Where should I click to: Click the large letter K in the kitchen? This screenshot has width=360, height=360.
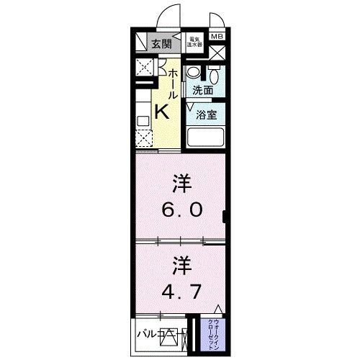point(162,111)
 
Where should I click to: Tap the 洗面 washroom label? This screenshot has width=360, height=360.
point(202,91)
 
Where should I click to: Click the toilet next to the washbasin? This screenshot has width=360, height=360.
point(214,75)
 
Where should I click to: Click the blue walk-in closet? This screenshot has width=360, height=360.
point(217,332)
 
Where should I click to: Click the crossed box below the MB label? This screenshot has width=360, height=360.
point(217,53)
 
